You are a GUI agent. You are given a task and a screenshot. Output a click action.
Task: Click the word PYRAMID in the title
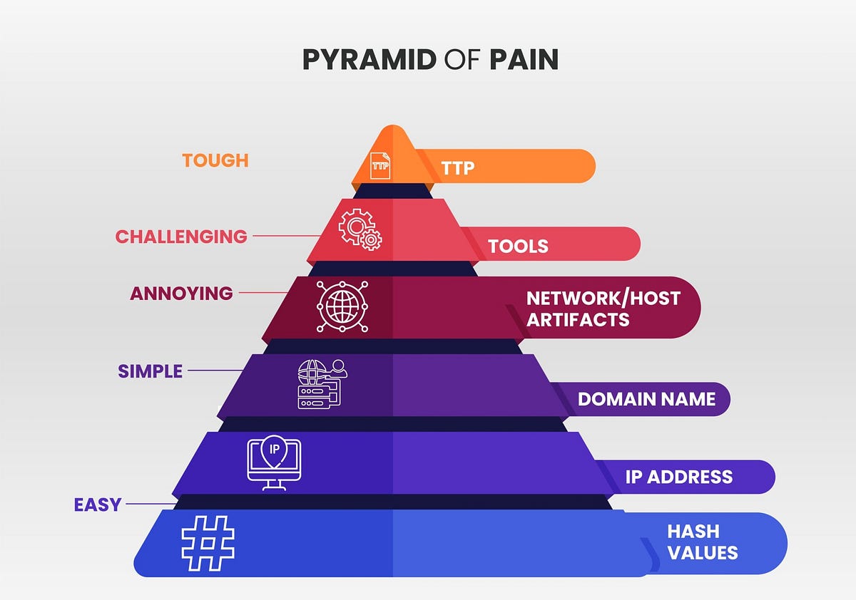coord(369,60)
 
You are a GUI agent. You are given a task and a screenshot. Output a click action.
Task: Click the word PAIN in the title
coord(523,60)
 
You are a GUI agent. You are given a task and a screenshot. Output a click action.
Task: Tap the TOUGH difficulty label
coord(215,160)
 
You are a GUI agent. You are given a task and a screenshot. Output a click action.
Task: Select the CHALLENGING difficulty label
coord(181,237)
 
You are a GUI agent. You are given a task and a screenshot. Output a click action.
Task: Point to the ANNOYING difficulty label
coord(181,293)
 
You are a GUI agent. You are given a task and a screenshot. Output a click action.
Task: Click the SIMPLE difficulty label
coord(151,371)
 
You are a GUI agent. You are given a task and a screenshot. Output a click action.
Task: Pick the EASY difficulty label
coord(98,505)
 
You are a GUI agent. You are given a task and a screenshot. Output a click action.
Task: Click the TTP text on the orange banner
coord(457,167)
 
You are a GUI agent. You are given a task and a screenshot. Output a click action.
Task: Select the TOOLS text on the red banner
coord(518,247)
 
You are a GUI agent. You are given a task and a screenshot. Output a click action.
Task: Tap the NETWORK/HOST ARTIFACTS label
coord(603,308)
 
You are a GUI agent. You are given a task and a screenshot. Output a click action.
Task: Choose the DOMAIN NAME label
coord(646,399)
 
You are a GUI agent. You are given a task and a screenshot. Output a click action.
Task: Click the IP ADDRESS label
coord(678,477)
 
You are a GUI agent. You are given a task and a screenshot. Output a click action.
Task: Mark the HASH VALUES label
coord(702,542)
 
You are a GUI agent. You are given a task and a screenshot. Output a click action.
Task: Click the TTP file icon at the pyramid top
coord(381,165)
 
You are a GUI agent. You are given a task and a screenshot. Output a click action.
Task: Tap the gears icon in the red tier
coord(360,229)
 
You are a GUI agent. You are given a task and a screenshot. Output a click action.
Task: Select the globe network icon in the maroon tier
coord(342,306)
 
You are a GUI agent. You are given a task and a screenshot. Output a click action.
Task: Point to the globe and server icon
coord(320,384)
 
